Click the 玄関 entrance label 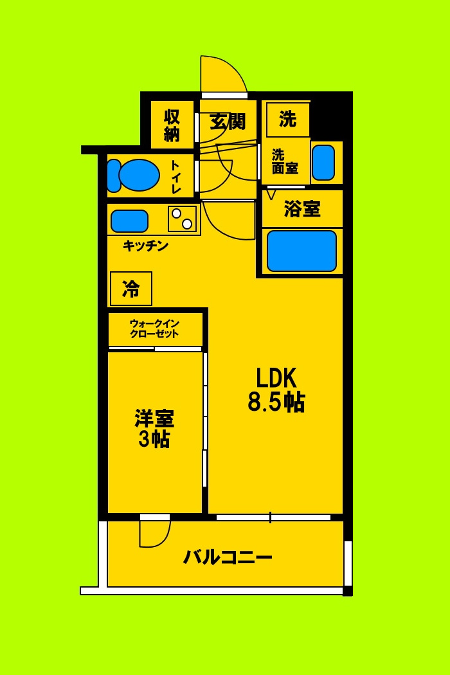(x=228, y=121)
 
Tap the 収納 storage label (x=172, y=125)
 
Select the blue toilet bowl (x=139, y=175)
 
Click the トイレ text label (x=175, y=177)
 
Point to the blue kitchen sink (x=129, y=221)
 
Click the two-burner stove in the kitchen (x=182, y=219)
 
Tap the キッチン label (x=146, y=246)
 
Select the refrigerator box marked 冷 (x=131, y=289)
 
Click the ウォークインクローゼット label (x=154, y=328)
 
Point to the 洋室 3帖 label (x=154, y=429)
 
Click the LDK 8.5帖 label (x=276, y=389)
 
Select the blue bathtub (x=301, y=251)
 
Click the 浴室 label (x=302, y=209)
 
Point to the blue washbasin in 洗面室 (x=323, y=163)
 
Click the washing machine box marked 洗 (x=287, y=119)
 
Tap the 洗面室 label (x=284, y=162)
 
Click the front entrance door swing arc (x=222, y=76)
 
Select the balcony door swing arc (x=155, y=533)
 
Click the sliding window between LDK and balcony (x=273, y=517)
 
